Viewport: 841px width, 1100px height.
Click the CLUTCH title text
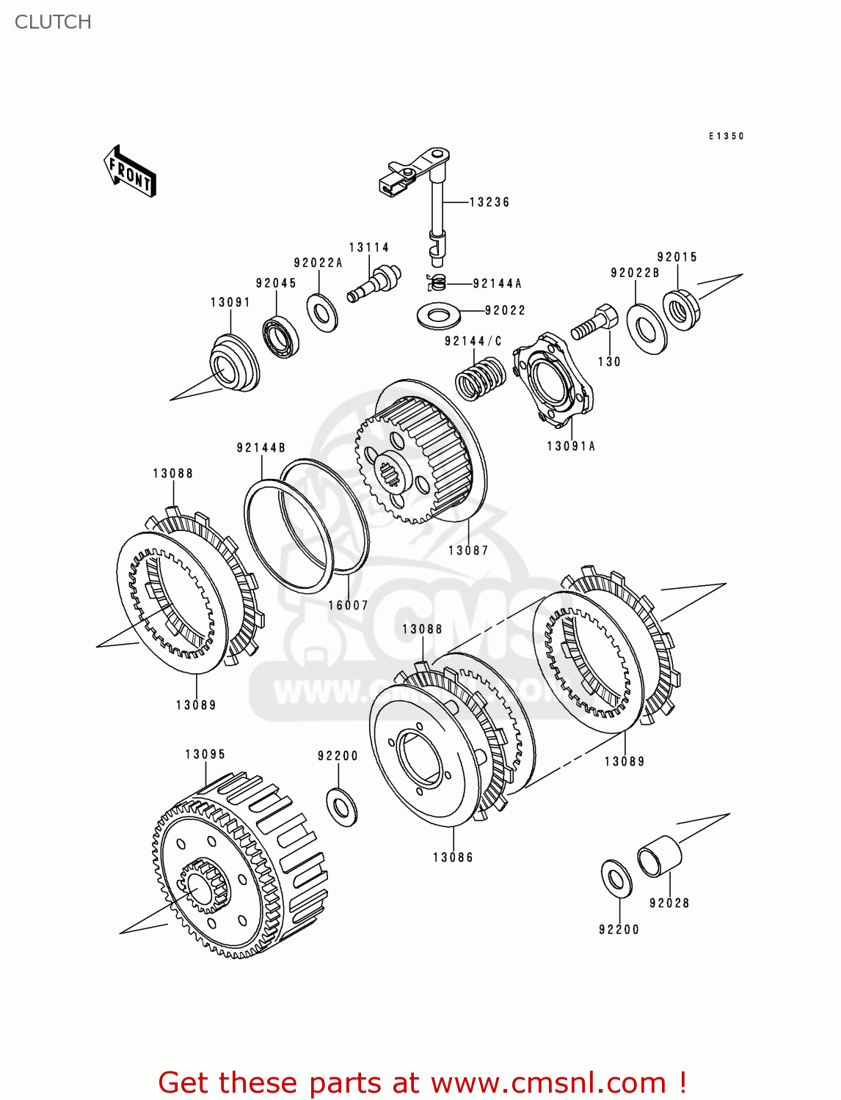(53, 22)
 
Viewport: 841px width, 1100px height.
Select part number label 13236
(489, 202)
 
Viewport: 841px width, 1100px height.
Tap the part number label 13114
(368, 248)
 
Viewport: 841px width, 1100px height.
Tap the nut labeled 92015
(681, 310)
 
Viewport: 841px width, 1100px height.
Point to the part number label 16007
(348, 606)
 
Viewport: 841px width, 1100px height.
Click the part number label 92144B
(261, 448)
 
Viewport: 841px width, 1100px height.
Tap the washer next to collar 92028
(616, 878)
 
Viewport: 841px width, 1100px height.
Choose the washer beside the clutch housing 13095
(341, 806)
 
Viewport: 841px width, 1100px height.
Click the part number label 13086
(453, 858)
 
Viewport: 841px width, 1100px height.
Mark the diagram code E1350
(726, 136)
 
